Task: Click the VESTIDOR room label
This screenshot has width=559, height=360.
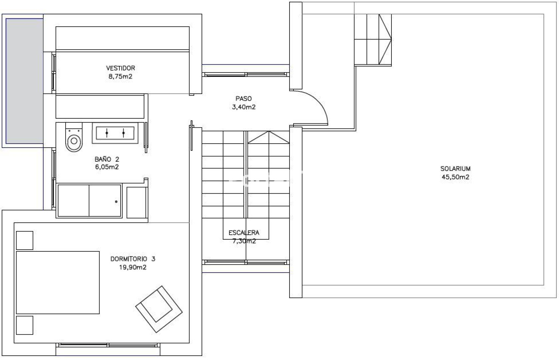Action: point(121,68)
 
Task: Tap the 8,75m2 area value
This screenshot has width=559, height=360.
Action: point(120,76)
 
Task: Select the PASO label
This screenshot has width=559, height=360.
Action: point(244,99)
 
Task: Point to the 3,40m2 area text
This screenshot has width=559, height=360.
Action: point(244,107)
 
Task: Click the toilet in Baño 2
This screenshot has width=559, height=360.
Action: point(74,137)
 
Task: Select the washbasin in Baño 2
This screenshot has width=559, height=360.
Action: point(115,133)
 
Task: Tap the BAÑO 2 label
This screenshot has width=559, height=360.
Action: point(107,159)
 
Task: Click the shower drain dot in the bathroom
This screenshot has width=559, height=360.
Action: point(116,201)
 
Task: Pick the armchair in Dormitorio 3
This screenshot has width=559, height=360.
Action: point(159,309)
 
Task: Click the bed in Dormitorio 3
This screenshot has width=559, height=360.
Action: point(58,282)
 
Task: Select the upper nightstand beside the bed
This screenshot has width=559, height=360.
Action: point(25,240)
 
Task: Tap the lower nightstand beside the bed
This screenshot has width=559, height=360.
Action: point(25,325)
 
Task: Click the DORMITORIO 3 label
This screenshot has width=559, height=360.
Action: point(133,259)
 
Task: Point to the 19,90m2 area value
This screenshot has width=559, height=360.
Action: point(133,267)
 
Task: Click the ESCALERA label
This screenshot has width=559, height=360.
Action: point(244,233)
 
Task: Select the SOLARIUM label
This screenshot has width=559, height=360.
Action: point(455,169)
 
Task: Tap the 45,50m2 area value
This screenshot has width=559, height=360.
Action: point(455,177)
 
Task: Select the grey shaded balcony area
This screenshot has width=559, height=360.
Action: point(24,81)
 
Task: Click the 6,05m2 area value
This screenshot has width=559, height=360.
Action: point(107,167)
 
